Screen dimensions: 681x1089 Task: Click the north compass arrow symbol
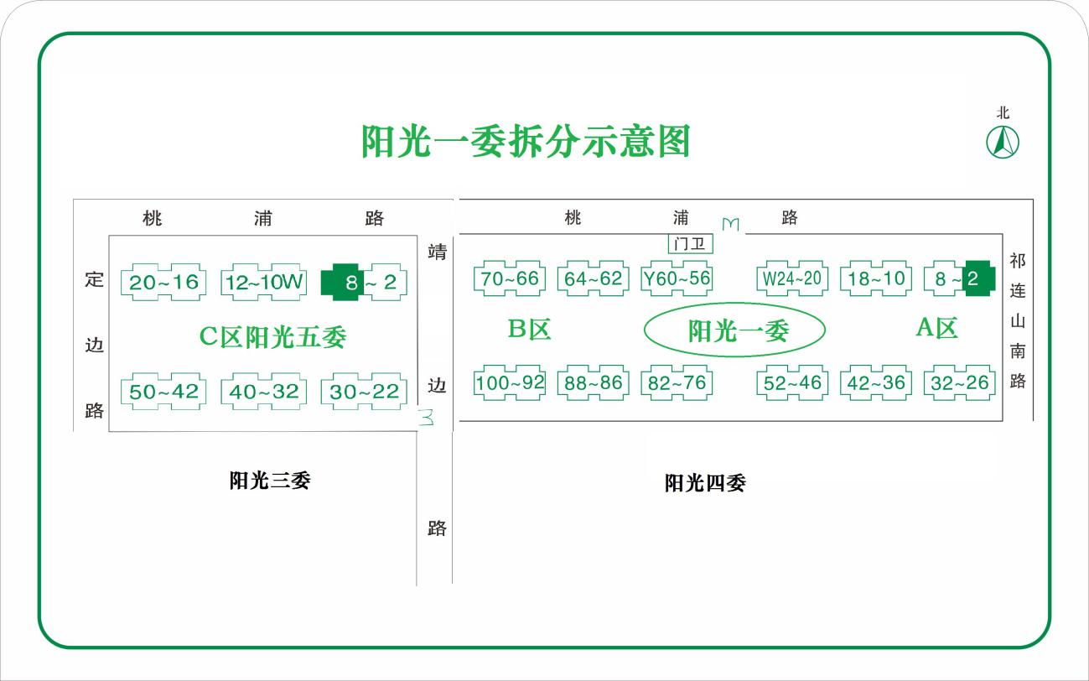point(1003,142)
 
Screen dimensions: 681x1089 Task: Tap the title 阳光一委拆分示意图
point(526,142)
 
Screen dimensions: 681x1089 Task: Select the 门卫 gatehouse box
point(690,243)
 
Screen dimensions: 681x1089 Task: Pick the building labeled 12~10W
point(263,282)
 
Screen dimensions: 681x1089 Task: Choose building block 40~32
point(263,392)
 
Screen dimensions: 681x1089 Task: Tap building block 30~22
point(364,392)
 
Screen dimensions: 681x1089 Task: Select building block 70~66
point(510,278)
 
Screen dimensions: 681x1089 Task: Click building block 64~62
point(593,278)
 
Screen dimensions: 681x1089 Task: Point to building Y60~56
point(676,278)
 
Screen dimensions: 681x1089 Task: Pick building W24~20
point(791,278)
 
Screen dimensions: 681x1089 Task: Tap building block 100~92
point(510,383)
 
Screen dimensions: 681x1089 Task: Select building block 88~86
point(593,383)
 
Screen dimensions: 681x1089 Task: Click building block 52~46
point(791,383)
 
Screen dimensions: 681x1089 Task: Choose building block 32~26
point(959,383)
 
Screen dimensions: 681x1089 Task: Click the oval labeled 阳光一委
point(735,331)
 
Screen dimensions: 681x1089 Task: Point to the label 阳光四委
point(705,483)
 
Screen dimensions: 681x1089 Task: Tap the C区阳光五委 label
point(272,337)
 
